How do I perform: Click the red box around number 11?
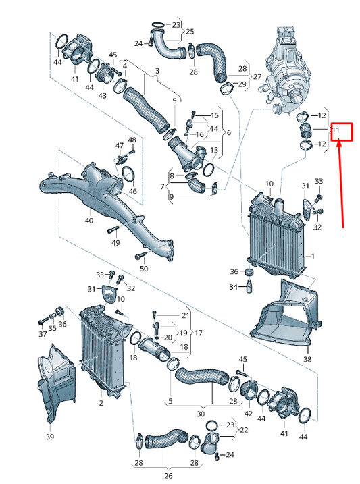[x=342, y=132]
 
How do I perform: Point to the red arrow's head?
[x=338, y=144]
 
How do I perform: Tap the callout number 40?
[x=89, y=221]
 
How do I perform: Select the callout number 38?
[x=307, y=359]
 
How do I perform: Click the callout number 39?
[x=50, y=437]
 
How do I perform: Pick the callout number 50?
[x=144, y=269]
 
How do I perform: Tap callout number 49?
[x=115, y=243]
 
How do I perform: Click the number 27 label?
[x=257, y=76]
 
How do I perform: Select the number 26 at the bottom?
[x=168, y=476]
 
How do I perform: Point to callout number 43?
[x=102, y=95]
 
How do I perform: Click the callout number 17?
[x=198, y=333]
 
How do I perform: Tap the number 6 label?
[x=229, y=132]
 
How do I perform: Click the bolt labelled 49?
[x=113, y=230]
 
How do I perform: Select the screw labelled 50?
[x=140, y=256]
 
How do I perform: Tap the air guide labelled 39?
[x=55, y=383]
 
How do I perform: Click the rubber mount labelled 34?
[x=249, y=286]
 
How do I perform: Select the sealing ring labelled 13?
[x=209, y=169]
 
